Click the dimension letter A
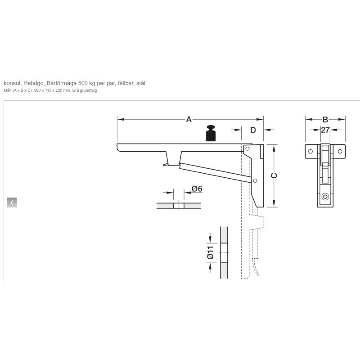coord(189,119)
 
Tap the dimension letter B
coord(325,119)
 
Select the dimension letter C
coord(274,175)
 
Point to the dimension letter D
coord(253,130)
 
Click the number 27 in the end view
coord(325,130)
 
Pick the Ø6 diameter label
coord(197,189)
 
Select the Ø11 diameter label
coord(210,252)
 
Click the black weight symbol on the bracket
coord(211,133)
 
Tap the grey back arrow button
coord(12,202)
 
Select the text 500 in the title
coord(83,83)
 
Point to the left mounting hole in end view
coord(310,151)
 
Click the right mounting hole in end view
coord(340,151)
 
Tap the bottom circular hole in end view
coord(325,197)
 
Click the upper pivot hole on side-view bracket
coord(247,148)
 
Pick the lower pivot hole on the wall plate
coord(255,181)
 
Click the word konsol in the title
coord(12,83)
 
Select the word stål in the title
coord(141,83)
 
